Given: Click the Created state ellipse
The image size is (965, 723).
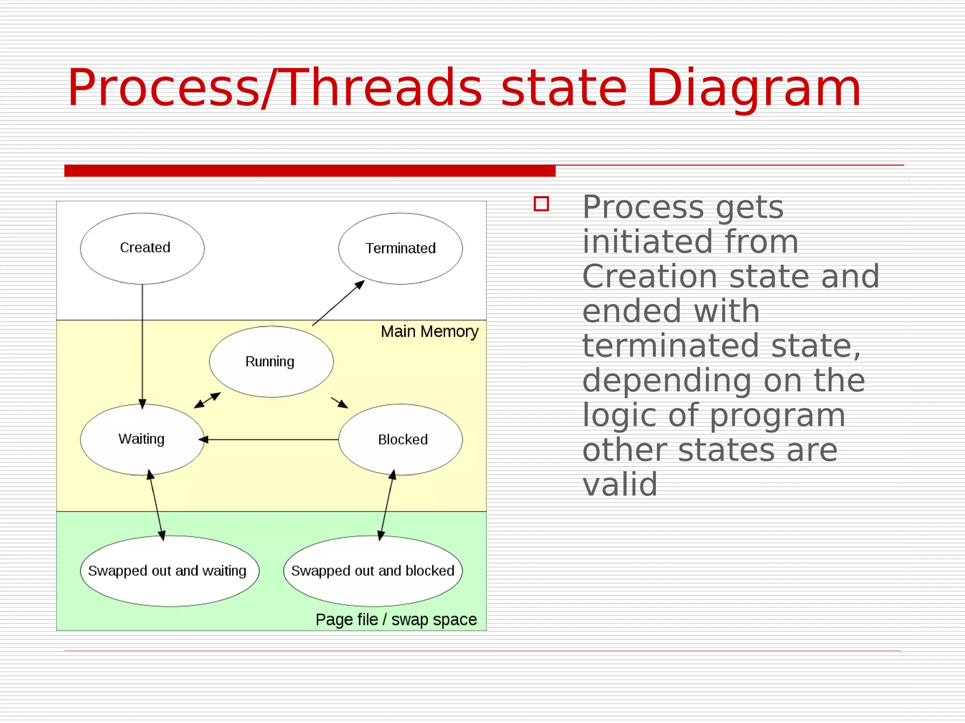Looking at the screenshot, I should pos(142,249).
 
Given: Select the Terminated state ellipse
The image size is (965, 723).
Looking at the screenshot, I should pos(400,249).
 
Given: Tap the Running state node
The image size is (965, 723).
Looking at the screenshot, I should pos(271,361).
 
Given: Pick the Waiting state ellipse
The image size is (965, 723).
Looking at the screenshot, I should pos(142,439).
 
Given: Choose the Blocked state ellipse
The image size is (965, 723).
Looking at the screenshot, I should pos(400,439).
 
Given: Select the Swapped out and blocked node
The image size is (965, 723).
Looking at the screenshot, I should pos(373,570).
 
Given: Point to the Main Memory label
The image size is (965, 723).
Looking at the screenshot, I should pos(429,332).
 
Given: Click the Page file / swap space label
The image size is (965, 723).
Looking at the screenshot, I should pos(396,619).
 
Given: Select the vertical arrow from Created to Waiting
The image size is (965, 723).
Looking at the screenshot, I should pos(142,344).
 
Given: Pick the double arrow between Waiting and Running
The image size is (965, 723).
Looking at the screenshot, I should pos(207,400).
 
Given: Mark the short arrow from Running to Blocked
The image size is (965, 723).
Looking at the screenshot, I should pos(339,402).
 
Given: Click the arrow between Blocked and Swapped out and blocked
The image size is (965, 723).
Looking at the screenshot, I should pos(387,505).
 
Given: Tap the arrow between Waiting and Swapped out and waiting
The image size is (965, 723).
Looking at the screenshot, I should pos(156,505).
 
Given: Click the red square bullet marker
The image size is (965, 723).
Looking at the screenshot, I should pos(541,204).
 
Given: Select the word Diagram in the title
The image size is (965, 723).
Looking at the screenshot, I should pos(753,88).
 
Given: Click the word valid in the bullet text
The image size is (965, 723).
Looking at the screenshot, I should pos(620,484).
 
